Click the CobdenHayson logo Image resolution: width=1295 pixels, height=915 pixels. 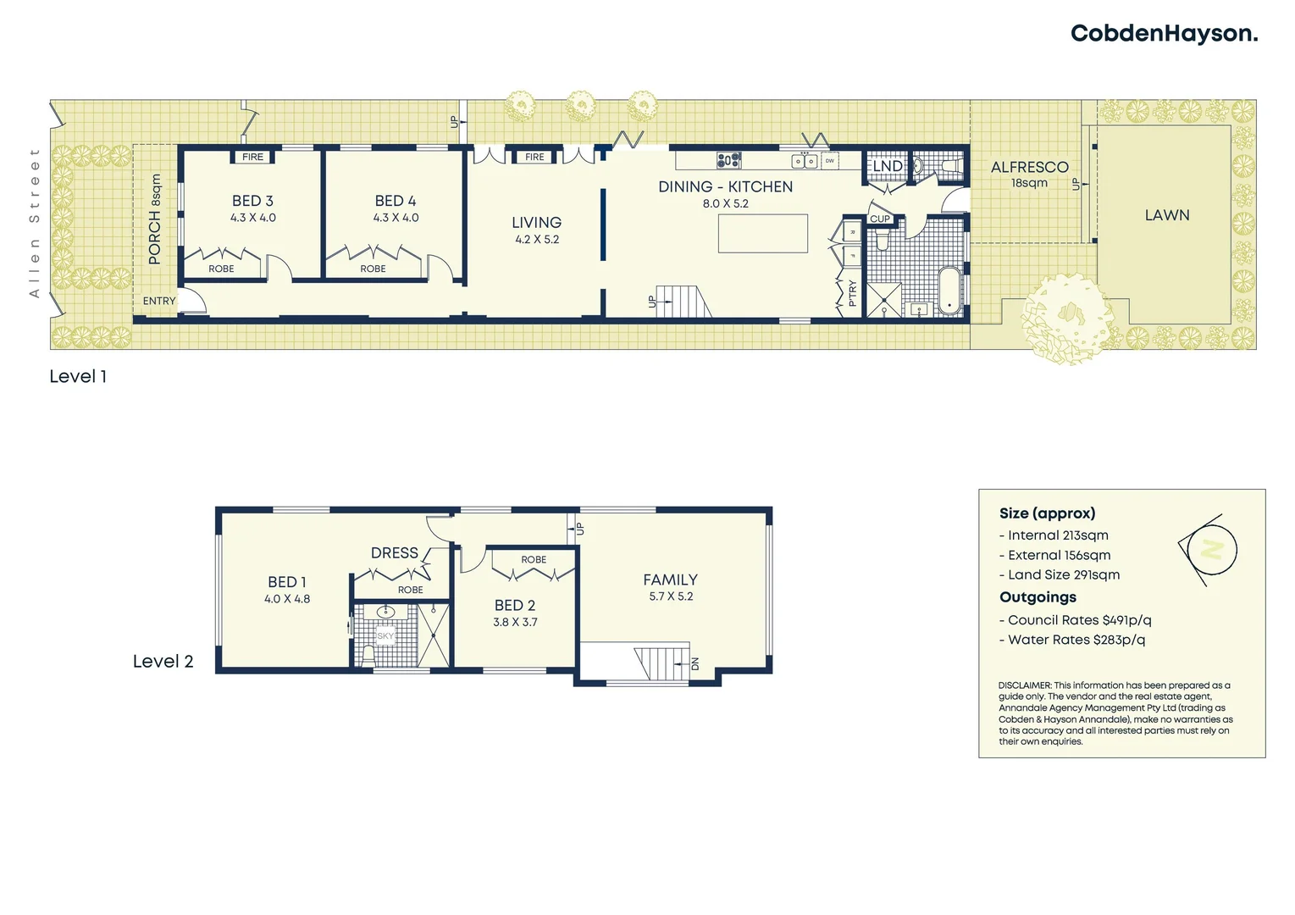(x=1163, y=34)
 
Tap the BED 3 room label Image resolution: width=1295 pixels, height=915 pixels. (x=252, y=202)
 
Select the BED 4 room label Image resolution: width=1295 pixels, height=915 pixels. (x=396, y=202)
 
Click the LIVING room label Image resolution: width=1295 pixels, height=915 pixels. (x=536, y=223)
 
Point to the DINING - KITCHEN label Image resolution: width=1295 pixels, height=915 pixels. (x=725, y=187)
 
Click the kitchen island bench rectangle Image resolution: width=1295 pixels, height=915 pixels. (x=762, y=234)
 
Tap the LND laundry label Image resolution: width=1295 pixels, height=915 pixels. (x=888, y=166)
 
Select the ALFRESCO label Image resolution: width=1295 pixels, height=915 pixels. (x=1029, y=168)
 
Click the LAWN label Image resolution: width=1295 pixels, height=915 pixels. (x=1166, y=215)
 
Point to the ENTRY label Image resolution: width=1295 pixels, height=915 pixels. (x=159, y=301)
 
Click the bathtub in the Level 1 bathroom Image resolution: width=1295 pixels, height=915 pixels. (x=949, y=290)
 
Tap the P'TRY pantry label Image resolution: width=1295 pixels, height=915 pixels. (x=852, y=292)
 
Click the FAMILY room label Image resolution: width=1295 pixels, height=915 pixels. (x=670, y=580)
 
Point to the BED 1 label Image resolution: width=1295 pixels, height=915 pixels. (x=286, y=582)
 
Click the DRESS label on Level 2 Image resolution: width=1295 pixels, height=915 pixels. (x=395, y=553)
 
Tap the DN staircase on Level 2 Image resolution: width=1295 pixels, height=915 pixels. (x=661, y=663)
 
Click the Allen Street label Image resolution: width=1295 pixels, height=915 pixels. (x=35, y=223)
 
